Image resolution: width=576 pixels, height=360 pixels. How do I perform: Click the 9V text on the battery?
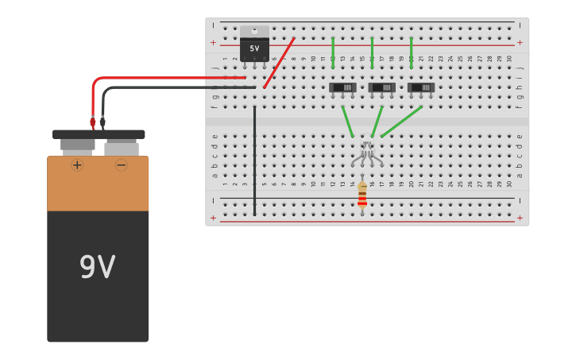click(x=98, y=267)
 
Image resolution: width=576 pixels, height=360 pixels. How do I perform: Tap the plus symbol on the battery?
click(x=77, y=165)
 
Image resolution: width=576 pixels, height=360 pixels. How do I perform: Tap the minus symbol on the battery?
click(x=122, y=165)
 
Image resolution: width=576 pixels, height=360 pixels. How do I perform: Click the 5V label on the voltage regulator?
click(x=254, y=48)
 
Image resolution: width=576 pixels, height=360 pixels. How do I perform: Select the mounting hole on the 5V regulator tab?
click(x=254, y=31)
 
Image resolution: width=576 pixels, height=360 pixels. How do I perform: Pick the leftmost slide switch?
click(x=342, y=87)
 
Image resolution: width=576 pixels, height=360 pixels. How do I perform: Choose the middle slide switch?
click(x=381, y=87)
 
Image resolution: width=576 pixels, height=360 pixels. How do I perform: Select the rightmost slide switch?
click(x=420, y=87)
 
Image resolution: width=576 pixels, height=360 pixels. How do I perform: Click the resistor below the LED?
click(x=362, y=195)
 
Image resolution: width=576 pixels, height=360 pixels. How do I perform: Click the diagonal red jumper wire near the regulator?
click(x=279, y=62)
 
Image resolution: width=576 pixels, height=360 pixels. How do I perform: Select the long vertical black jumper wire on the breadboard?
click(x=254, y=159)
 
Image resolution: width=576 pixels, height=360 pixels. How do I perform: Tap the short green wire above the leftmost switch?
click(x=333, y=52)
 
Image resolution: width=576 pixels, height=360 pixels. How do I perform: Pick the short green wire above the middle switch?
click(x=372, y=52)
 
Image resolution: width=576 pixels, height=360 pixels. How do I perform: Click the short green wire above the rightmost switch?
click(x=411, y=52)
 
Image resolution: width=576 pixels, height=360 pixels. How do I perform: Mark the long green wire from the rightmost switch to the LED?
click(x=402, y=122)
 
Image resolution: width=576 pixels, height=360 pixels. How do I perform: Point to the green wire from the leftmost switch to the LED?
click(x=347, y=122)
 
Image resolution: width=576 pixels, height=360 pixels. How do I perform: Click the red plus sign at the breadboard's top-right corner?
click(x=520, y=42)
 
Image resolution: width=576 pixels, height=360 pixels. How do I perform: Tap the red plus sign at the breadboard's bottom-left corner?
click(x=213, y=217)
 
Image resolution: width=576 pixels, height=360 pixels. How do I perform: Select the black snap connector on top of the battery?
click(x=99, y=134)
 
